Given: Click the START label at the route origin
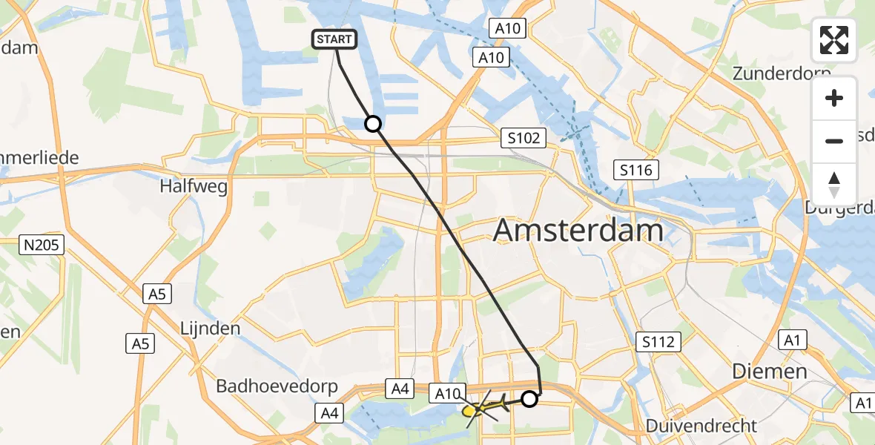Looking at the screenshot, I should pyautogui.click(x=337, y=39).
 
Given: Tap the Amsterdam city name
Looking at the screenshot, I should pyautogui.click(x=578, y=231).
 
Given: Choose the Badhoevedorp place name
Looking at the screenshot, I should pyautogui.click(x=277, y=386).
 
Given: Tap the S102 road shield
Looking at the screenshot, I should pyautogui.click(x=523, y=137).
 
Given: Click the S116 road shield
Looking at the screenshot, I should pyautogui.click(x=636, y=171).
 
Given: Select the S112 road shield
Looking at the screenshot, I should pyautogui.click(x=658, y=342).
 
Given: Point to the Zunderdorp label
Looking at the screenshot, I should pyautogui.click(x=779, y=73).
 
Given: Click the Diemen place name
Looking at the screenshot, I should pyautogui.click(x=769, y=371).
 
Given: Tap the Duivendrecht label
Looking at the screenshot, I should pyautogui.click(x=701, y=426).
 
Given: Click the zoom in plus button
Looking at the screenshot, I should pyautogui.click(x=834, y=98).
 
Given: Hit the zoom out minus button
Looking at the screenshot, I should pyautogui.click(x=834, y=141).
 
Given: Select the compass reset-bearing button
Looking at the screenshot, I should pyautogui.click(x=834, y=184).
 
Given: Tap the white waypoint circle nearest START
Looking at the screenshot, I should pyautogui.click(x=372, y=124).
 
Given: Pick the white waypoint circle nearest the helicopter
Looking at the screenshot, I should pyautogui.click(x=529, y=399).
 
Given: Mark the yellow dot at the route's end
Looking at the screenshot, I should pyautogui.click(x=469, y=410).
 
